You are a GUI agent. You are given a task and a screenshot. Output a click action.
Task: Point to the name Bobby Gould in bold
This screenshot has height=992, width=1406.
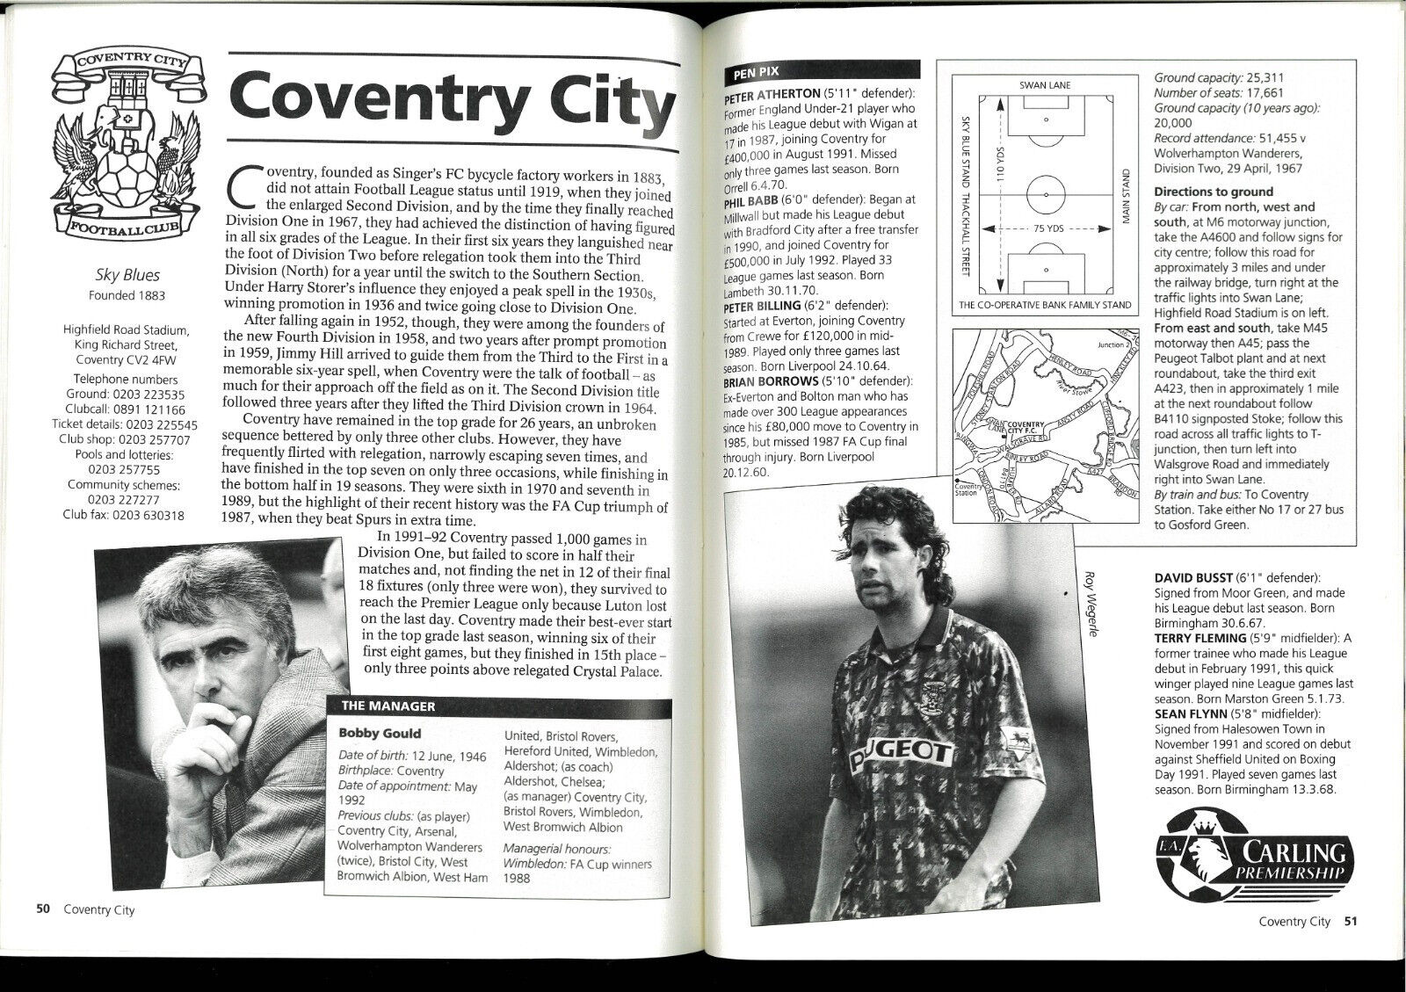pyautogui.click(x=380, y=733)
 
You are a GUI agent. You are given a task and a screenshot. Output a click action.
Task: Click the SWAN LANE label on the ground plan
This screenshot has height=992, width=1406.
pyautogui.click(x=1045, y=85)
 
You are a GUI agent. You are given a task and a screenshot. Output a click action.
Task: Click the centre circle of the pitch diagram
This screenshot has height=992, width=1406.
pyautogui.click(x=1046, y=195)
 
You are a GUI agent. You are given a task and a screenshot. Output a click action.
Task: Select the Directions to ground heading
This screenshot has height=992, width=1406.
pyautogui.click(x=1214, y=192)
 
